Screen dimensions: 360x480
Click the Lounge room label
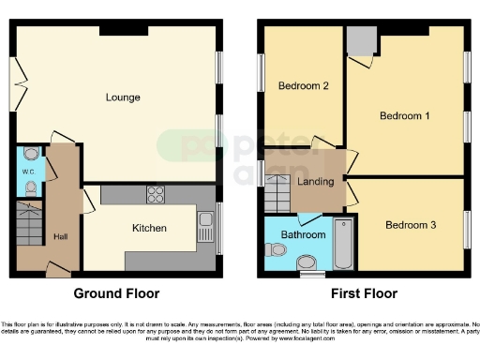(x=123, y=97)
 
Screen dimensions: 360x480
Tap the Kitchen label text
(x=149, y=228)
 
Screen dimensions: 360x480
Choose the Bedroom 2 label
(x=303, y=86)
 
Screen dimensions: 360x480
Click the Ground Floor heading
(x=116, y=293)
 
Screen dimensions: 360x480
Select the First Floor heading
(x=362, y=293)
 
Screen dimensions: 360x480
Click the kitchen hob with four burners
(x=156, y=195)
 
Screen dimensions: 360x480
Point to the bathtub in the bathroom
(x=342, y=242)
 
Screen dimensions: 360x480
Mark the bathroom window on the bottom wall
(x=310, y=275)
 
